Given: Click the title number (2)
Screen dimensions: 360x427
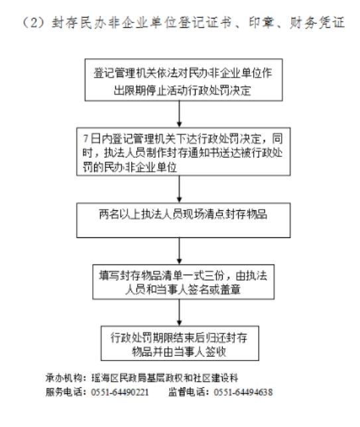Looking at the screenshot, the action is (32, 23).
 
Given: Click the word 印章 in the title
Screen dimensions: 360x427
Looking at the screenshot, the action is (263, 23).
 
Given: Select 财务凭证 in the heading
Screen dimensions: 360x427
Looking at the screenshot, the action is (318, 23).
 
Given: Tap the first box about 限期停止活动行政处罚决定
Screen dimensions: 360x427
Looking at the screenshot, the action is (184, 80).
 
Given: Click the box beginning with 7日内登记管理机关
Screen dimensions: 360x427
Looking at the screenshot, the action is (183, 151).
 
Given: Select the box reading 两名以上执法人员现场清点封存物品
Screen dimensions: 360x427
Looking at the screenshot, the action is (183, 220).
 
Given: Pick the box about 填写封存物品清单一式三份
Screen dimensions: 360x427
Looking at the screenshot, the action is (183, 282).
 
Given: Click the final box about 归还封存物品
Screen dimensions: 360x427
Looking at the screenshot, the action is (180, 343).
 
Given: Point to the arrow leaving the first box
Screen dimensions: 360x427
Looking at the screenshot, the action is (179, 114).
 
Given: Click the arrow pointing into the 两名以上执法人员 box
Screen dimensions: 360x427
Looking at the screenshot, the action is (179, 189).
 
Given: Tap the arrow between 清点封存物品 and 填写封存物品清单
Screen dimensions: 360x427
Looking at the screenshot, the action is (179, 251).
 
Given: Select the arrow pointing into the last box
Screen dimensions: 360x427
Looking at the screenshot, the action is (179, 313).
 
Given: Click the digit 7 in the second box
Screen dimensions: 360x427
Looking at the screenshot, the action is (86, 139).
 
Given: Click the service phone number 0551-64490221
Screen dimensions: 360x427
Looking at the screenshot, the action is (120, 392).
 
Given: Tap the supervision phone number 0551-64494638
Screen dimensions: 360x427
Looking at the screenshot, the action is (243, 392).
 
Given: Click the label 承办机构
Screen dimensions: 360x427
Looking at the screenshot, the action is (64, 378).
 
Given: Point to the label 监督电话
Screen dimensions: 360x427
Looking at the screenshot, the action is (186, 392).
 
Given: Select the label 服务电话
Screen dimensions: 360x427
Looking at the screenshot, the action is (64, 392).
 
